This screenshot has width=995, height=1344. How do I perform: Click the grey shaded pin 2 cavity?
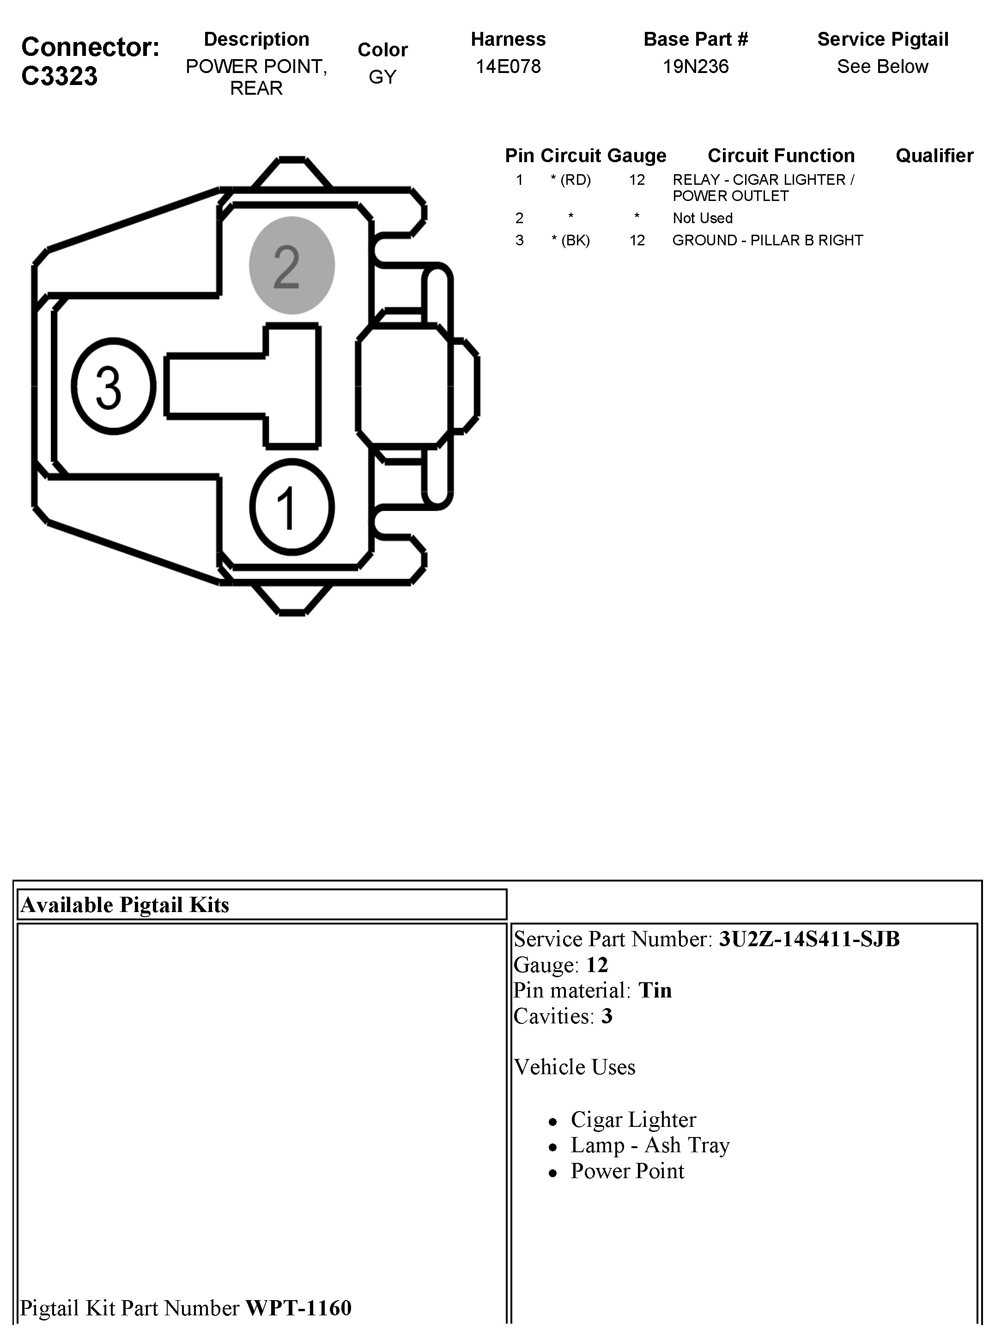click(x=291, y=266)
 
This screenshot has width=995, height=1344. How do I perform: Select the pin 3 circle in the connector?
click(x=113, y=385)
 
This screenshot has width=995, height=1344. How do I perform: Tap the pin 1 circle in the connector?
click(x=291, y=507)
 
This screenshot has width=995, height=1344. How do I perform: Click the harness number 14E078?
click(x=508, y=66)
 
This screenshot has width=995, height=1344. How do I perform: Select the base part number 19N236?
click(x=695, y=66)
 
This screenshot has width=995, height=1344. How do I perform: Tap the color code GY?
click(x=382, y=77)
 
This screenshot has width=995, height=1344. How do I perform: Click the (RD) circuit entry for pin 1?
click(x=570, y=180)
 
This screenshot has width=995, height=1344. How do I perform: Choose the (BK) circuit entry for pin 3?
click(x=570, y=240)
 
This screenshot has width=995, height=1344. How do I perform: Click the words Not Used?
click(x=702, y=218)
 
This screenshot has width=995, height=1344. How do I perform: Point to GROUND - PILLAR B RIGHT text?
click(x=767, y=240)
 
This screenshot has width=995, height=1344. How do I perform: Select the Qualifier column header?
click(x=934, y=155)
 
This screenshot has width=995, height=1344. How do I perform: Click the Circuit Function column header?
click(x=781, y=155)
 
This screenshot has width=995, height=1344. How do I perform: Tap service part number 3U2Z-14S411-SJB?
click(x=809, y=938)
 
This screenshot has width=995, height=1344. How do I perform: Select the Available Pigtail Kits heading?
click(x=125, y=905)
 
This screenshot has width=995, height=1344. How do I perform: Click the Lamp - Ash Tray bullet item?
click(x=650, y=1145)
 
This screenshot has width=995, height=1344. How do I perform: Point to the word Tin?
click(x=655, y=991)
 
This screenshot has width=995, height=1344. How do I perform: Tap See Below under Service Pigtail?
click(x=882, y=66)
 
